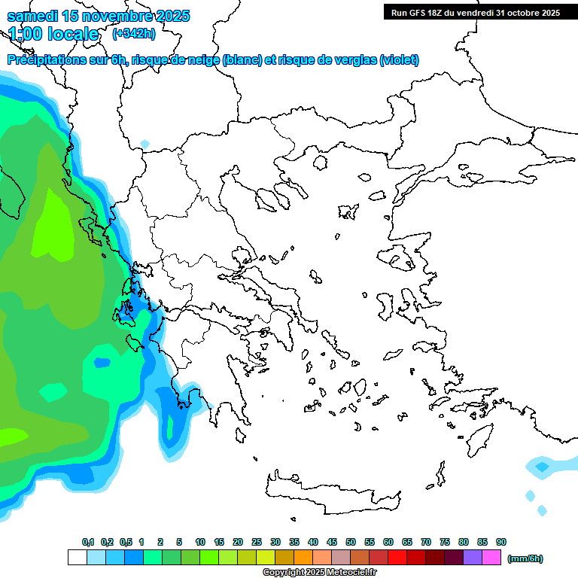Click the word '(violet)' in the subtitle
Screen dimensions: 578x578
coord(399,60)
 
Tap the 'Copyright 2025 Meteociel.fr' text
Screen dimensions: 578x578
coord(319,573)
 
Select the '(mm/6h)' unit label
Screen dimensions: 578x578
coord(525,558)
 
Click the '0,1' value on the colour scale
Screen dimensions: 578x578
coord(88,543)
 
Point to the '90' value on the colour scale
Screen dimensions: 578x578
coord(501,543)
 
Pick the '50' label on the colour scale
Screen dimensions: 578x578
coord(351,543)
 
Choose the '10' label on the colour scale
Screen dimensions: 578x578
coord(200,543)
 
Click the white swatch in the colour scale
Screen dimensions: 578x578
coord(78,558)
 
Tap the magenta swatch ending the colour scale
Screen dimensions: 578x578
coord(491,558)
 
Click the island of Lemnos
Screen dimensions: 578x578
coord(348,211)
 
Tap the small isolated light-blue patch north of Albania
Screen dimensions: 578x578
coord(144,144)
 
